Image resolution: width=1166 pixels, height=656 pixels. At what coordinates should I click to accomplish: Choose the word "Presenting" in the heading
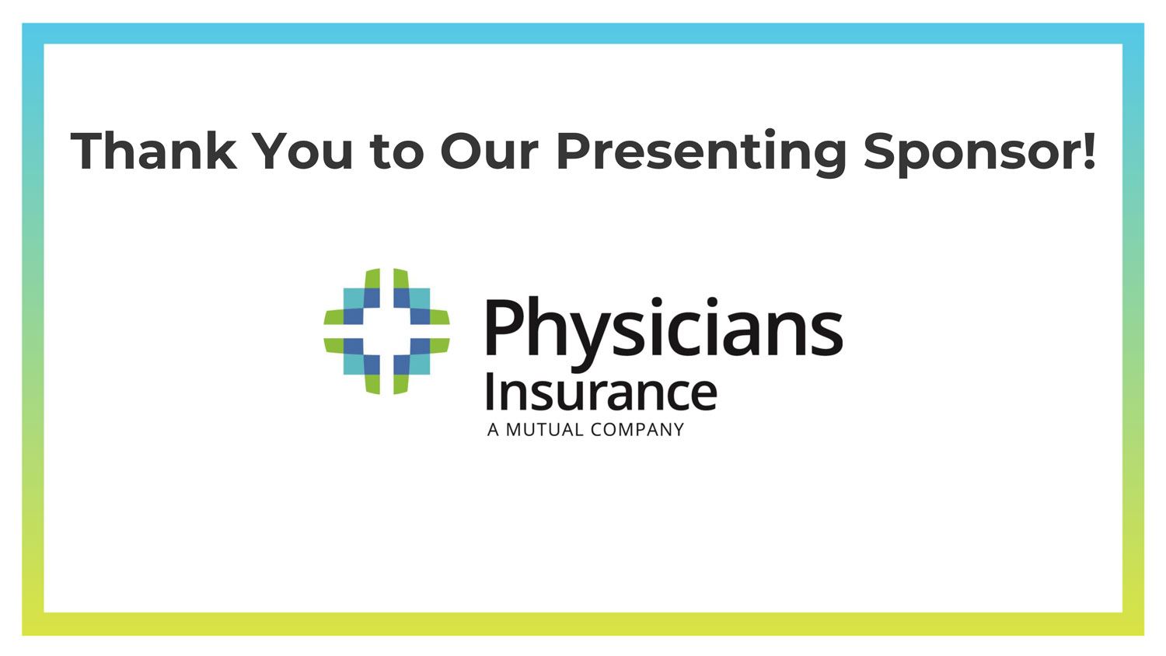701,153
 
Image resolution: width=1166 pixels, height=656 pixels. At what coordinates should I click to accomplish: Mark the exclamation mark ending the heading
1088,151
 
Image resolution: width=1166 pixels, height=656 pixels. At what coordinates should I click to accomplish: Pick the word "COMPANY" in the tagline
637,430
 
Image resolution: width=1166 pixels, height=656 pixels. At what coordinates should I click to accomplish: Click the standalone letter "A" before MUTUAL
493,430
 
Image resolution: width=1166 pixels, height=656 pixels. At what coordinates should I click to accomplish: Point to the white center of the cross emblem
386,331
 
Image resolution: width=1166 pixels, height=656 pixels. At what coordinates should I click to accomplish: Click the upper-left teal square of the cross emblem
353,298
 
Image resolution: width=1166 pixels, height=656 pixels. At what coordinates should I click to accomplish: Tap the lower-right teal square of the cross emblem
420,365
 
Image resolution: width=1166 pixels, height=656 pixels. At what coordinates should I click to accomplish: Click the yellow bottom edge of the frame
583,623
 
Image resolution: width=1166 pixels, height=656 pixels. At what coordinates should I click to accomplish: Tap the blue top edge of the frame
583,34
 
